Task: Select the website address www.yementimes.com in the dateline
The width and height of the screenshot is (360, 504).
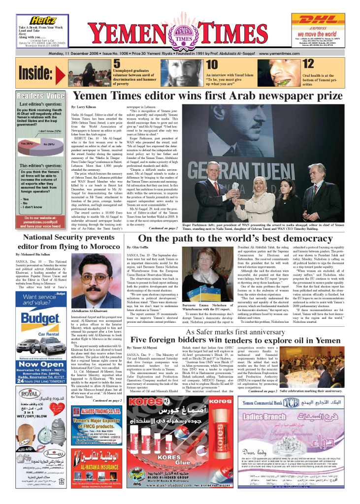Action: tap(281, 53)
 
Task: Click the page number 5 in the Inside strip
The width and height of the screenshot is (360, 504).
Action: tap(116, 63)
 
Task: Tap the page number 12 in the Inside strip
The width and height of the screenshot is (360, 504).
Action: tap(308, 63)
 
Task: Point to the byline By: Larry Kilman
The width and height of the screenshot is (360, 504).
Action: tap(84, 106)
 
